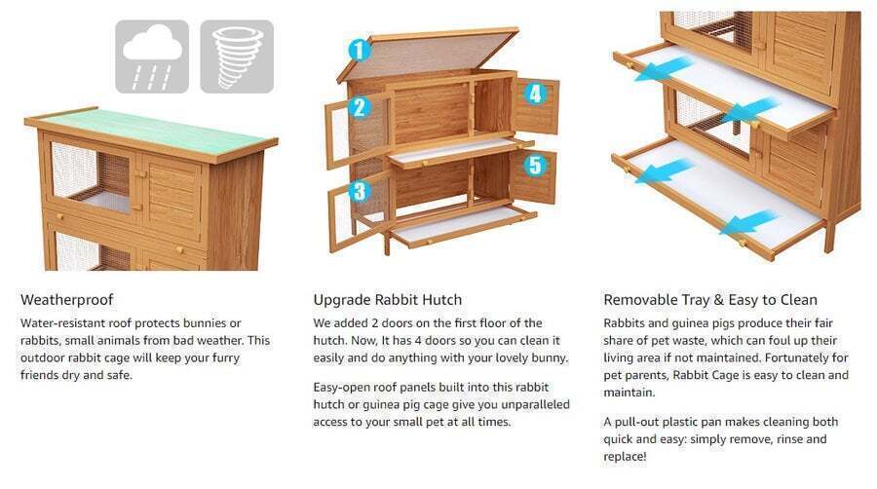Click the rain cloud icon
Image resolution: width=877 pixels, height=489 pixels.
tap(152, 56)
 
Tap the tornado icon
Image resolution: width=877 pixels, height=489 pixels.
tap(237, 56)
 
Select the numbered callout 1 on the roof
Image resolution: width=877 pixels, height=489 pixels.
tap(359, 50)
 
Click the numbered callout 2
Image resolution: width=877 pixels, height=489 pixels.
tap(359, 107)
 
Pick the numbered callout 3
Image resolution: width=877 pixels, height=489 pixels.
tap(359, 191)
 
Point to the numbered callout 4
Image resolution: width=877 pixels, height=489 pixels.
tap(535, 94)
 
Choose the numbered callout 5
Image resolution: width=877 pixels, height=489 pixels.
tap(535, 165)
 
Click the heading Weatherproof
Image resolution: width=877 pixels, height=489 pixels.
tap(67, 300)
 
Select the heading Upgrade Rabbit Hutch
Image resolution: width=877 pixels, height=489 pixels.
tap(388, 300)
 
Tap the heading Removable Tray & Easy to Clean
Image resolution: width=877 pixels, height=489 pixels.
tap(710, 300)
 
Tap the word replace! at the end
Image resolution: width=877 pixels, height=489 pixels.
tap(625, 457)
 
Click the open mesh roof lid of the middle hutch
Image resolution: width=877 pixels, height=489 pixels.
tap(428, 55)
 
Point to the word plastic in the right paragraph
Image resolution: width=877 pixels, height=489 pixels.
tap(681, 422)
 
